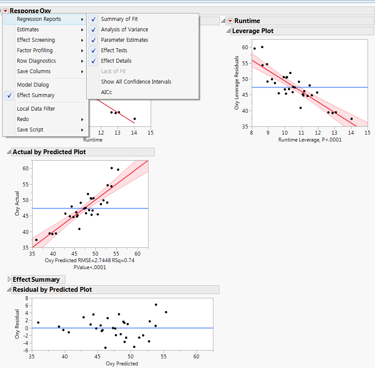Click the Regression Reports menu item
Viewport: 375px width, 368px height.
click(x=39, y=19)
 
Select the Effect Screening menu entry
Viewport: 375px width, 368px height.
click(x=36, y=40)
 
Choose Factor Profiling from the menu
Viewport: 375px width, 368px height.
click(x=34, y=51)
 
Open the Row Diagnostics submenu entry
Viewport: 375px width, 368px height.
click(x=36, y=61)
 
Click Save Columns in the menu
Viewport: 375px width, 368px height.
click(x=34, y=71)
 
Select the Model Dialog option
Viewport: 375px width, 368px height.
click(x=33, y=85)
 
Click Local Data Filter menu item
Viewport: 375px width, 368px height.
click(x=36, y=109)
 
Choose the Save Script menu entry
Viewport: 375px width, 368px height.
click(x=30, y=130)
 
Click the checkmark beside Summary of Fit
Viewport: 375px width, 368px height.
click(x=94, y=19)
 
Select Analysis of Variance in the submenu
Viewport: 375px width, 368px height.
click(x=124, y=30)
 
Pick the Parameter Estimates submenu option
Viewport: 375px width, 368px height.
click(x=124, y=40)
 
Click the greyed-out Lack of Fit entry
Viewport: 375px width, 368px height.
click(x=113, y=71)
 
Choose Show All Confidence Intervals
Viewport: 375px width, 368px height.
click(x=136, y=82)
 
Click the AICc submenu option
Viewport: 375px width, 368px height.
click(x=106, y=92)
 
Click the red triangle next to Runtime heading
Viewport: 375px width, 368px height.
click(x=230, y=21)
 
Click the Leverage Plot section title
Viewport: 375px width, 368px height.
click(x=253, y=31)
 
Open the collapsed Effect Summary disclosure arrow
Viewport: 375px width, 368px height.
click(x=9, y=280)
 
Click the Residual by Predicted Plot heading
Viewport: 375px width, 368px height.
click(x=52, y=290)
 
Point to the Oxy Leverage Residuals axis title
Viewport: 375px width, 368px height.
click(x=237, y=82)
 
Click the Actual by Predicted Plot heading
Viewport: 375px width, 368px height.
click(x=49, y=152)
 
